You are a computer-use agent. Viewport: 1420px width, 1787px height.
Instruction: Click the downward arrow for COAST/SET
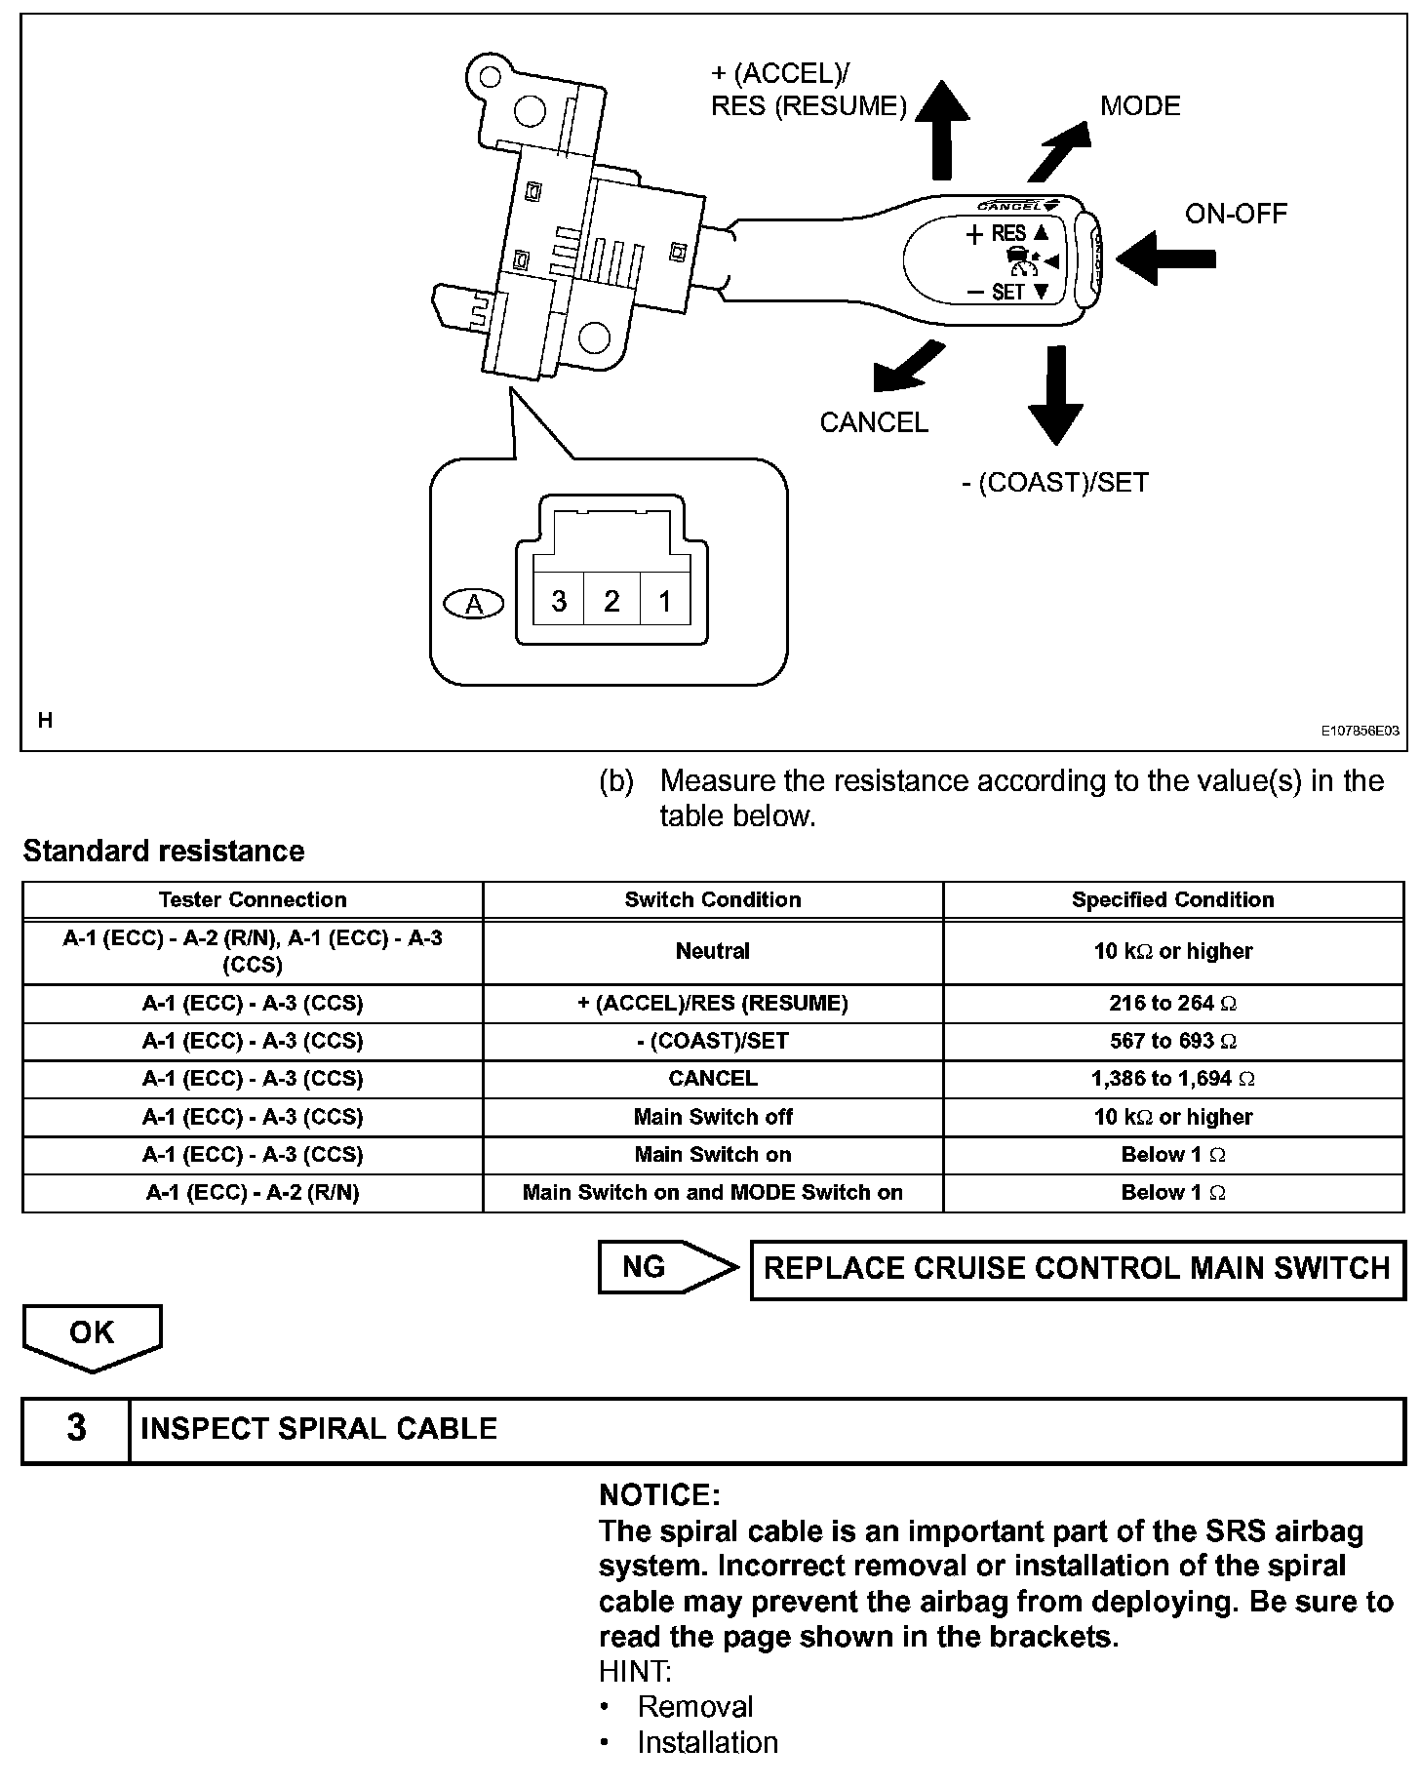click(1054, 395)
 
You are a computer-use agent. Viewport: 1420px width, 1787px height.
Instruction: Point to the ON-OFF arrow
click(1165, 258)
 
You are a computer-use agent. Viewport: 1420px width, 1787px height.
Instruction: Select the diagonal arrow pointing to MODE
click(1058, 150)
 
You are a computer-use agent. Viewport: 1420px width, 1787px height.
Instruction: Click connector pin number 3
click(559, 601)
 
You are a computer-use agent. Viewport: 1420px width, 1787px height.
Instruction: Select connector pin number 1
click(665, 601)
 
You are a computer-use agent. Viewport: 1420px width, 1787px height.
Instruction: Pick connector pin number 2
click(611, 601)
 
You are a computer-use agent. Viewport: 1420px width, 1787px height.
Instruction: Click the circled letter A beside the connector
click(474, 605)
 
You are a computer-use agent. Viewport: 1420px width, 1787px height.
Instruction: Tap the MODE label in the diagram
click(1140, 105)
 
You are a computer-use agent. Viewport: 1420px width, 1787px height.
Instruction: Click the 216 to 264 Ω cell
click(1172, 1003)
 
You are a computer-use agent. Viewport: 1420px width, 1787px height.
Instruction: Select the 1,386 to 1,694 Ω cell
click(1172, 1079)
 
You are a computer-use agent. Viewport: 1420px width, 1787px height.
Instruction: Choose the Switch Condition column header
click(713, 899)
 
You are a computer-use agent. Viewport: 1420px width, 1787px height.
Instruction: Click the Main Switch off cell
click(713, 1117)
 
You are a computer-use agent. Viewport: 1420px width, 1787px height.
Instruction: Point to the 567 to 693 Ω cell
click(1172, 1041)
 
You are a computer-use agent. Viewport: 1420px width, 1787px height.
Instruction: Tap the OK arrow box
click(92, 1335)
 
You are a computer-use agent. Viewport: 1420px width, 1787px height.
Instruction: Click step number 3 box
click(76, 1429)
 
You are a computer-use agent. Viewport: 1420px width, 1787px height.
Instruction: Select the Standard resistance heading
click(164, 851)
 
